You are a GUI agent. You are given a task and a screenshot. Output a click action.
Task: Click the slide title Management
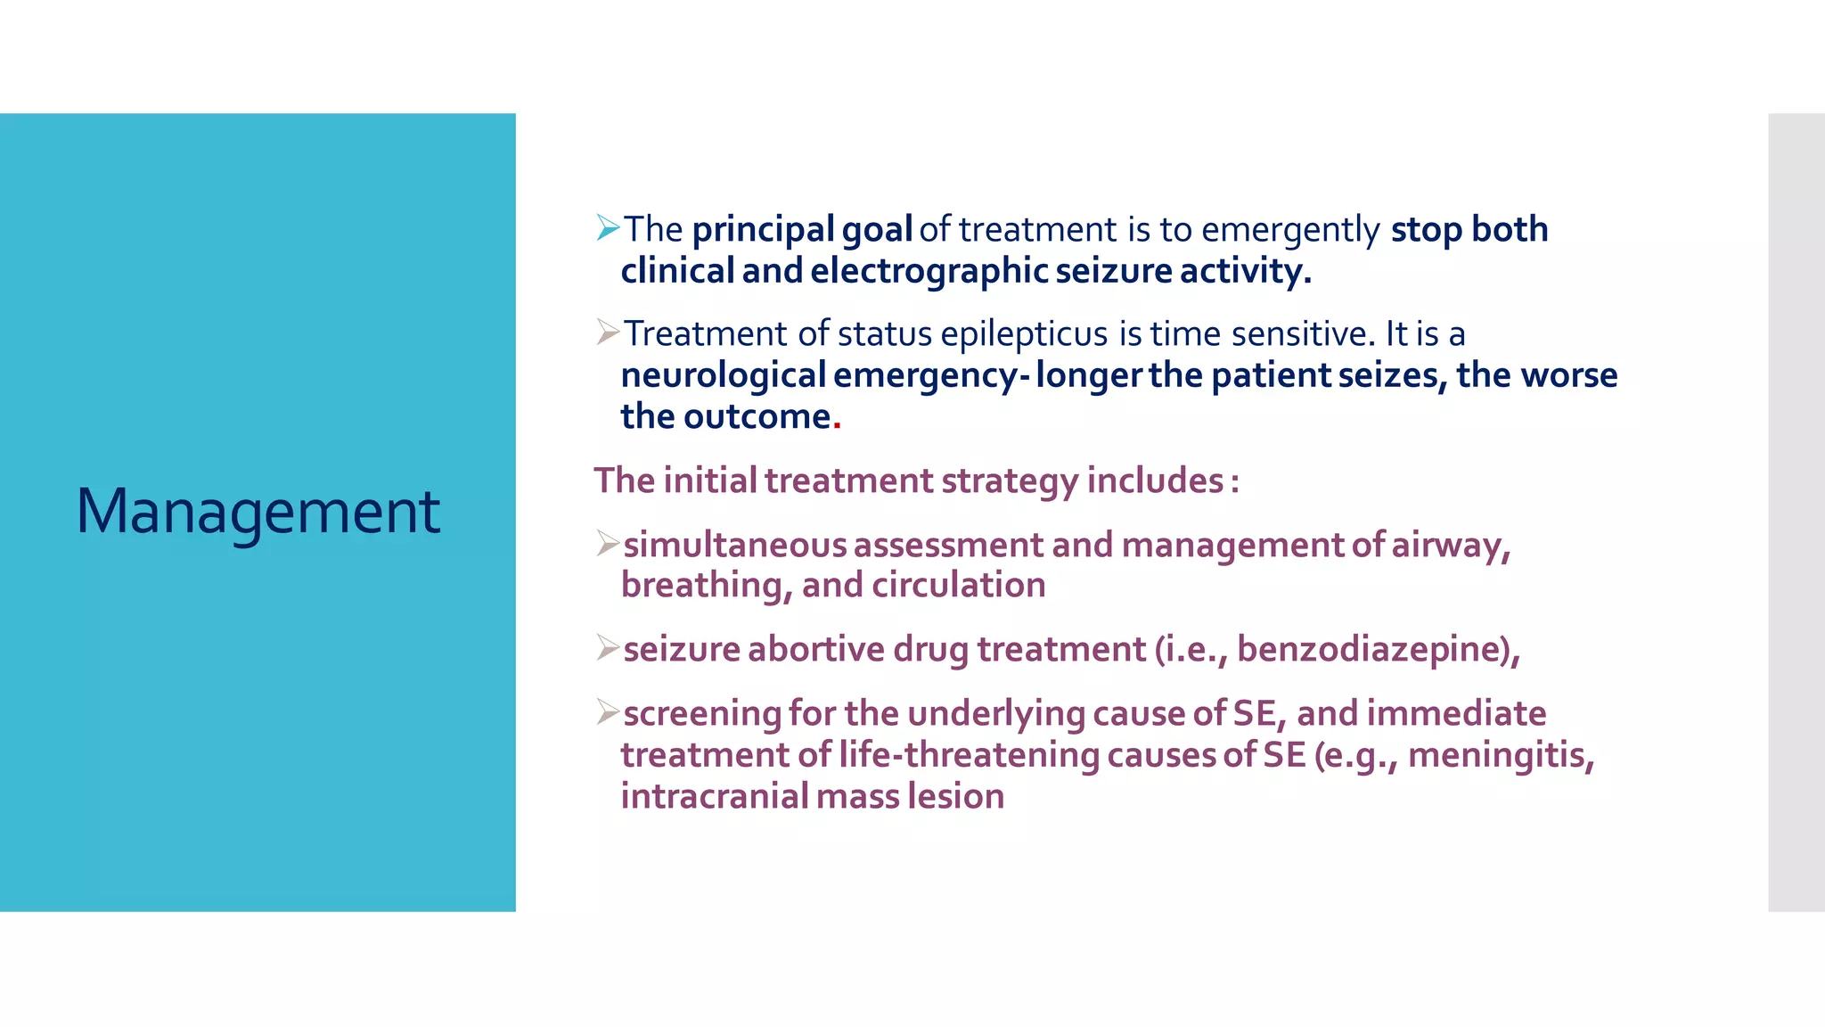[258, 512]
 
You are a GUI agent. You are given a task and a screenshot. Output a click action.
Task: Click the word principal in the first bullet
[763, 230]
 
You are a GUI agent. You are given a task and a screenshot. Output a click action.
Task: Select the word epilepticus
[1025, 334]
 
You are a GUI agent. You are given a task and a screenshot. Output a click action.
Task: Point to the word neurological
[724, 375]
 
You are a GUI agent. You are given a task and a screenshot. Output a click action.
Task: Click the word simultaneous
[734, 545]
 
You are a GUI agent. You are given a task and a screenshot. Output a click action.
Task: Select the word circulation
[958, 586]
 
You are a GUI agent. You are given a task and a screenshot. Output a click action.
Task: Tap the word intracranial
[714, 796]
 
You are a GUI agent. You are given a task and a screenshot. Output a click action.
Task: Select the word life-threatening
[969, 755]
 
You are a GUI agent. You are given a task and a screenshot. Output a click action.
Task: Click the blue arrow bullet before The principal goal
[608, 228]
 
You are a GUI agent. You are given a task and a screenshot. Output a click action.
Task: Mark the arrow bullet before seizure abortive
[608, 648]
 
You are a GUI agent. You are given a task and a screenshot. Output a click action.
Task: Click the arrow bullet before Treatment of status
[608, 333]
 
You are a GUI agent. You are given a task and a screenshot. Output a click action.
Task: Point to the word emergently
[1290, 230]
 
